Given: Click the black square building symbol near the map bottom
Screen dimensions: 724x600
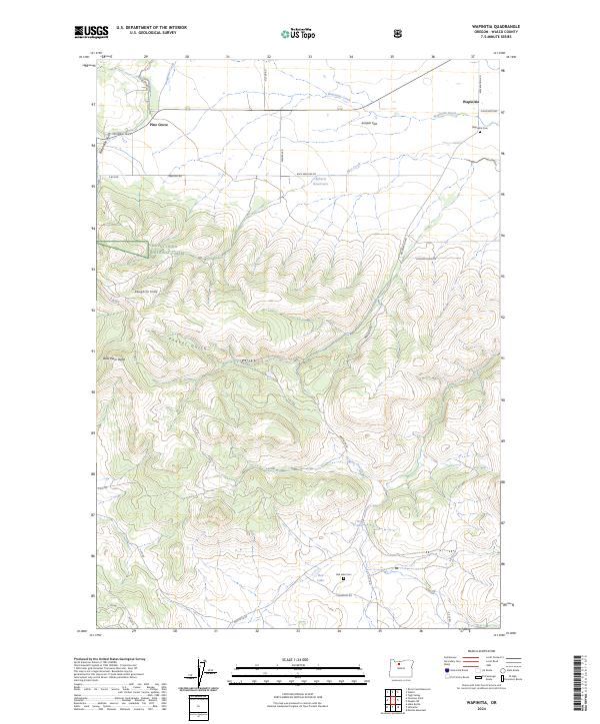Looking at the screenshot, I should (x=343, y=577).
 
